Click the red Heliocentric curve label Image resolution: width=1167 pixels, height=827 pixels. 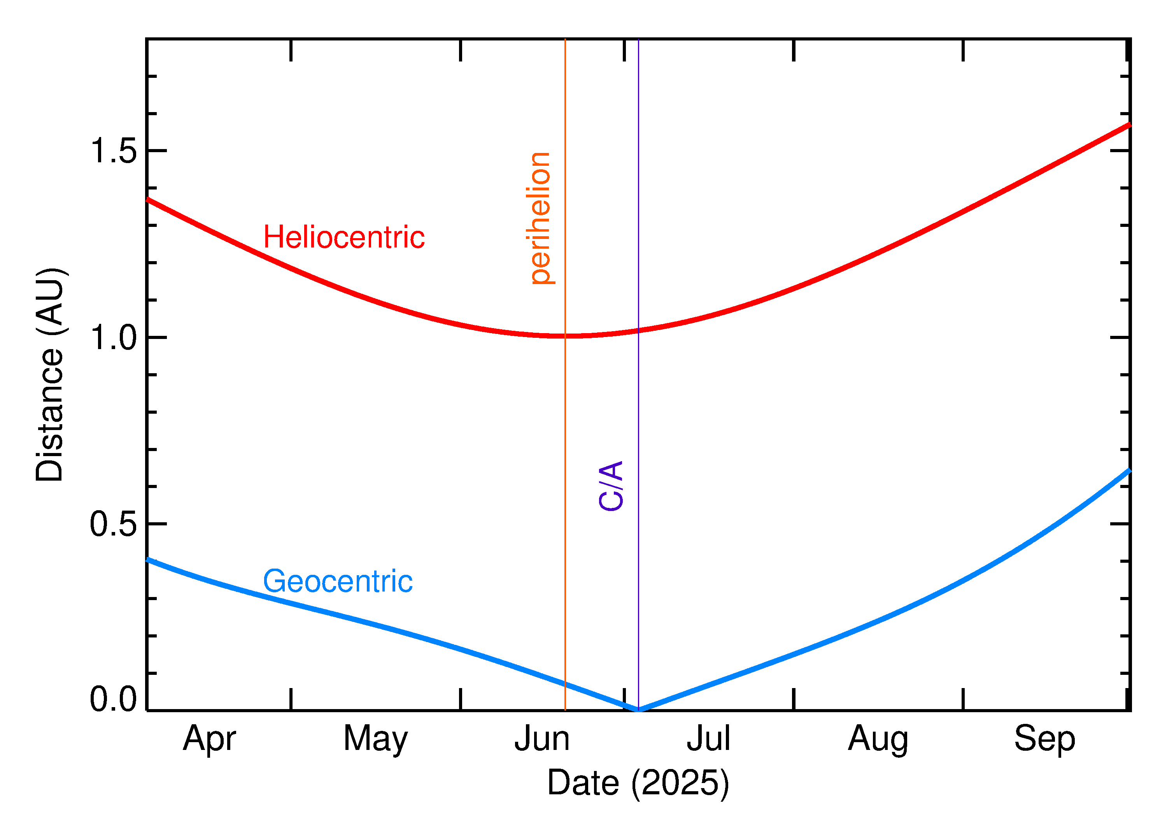343,237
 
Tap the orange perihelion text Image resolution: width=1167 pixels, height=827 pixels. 540,218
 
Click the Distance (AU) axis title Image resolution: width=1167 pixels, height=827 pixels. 50,374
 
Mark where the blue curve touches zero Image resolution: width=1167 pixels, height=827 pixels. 638,709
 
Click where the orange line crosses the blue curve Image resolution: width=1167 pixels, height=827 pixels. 565,684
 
